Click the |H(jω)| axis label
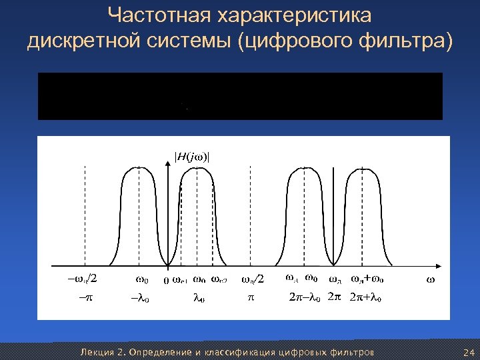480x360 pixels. point(191,157)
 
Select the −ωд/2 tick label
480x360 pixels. point(84,279)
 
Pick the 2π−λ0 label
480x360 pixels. point(303,297)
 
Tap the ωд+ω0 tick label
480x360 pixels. point(371,278)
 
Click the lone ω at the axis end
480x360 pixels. point(430,279)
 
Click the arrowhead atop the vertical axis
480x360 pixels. point(173,167)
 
